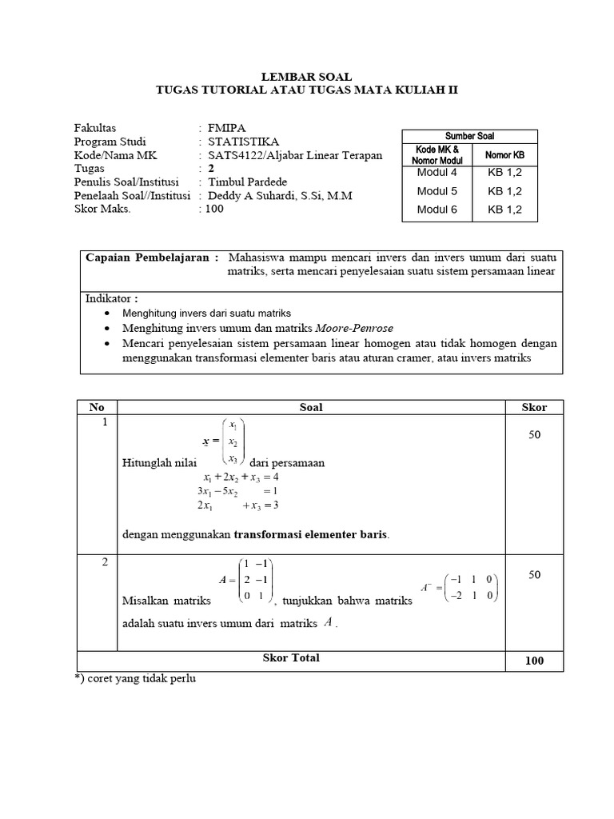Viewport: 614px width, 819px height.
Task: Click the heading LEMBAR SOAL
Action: tap(307, 77)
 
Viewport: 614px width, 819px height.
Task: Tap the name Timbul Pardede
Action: tap(247, 182)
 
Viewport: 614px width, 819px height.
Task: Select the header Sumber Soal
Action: tap(469, 136)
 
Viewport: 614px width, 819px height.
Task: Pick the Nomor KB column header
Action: tap(505, 154)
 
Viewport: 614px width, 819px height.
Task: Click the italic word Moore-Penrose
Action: tap(355, 328)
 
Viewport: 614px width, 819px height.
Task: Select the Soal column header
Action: tap(311, 407)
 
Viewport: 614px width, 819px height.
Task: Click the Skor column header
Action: tap(534, 407)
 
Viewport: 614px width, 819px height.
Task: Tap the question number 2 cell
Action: tap(105, 562)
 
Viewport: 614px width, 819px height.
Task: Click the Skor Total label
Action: tap(291, 657)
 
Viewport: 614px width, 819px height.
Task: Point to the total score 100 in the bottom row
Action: tap(534, 661)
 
